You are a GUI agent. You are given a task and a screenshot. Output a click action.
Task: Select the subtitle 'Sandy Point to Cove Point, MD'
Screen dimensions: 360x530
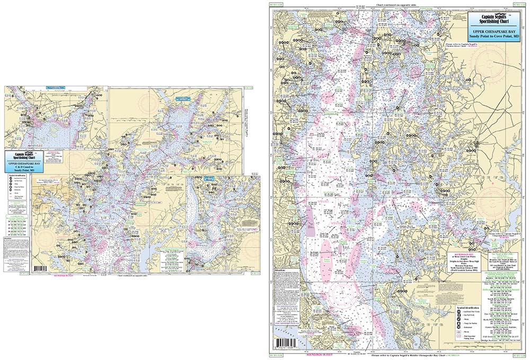click(488, 38)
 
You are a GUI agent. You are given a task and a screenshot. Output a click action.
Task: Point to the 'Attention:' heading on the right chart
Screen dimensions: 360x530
click(280, 270)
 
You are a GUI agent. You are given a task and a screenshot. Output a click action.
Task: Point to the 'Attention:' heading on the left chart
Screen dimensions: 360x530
click(8, 223)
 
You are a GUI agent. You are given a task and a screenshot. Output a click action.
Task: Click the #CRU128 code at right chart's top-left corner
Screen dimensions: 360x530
click(276, 5)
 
